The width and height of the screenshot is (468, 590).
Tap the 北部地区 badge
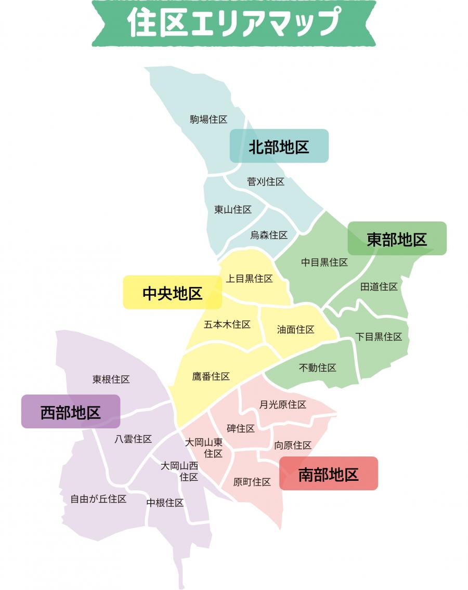(279, 146)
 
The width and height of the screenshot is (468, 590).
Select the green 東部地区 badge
(397, 239)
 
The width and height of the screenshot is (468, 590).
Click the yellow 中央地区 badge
(172, 293)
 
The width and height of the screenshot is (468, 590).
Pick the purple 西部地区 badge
(71, 412)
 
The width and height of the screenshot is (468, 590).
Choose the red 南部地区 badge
(329, 474)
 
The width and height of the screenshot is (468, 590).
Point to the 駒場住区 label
(209, 120)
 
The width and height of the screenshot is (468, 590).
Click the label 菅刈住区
(266, 181)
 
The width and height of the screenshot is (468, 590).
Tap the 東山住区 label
(233, 209)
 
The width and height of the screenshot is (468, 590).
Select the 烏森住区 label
(269, 235)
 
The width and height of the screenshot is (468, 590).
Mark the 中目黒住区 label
(324, 263)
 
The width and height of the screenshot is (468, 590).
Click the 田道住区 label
(379, 286)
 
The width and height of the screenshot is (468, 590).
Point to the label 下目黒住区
(379, 336)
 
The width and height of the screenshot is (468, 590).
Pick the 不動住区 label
(318, 368)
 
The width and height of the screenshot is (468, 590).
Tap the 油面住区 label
(295, 330)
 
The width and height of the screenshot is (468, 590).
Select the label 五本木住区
(227, 324)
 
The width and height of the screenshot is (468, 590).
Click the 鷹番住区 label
(211, 376)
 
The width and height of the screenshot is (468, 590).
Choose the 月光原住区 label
(283, 404)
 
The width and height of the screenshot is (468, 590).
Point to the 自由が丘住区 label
(99, 499)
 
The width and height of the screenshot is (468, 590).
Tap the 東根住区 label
(111, 379)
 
